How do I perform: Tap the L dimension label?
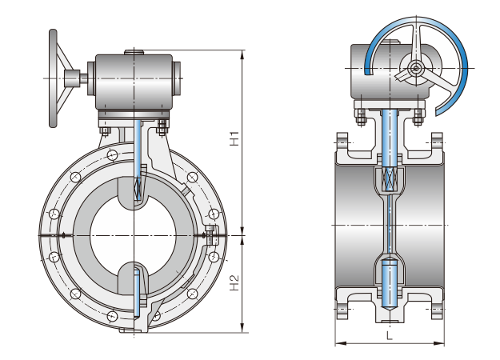pos(389,335)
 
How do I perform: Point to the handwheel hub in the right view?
pos(416,69)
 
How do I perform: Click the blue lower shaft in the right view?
pos(389,284)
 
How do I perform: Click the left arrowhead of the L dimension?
pos(338,344)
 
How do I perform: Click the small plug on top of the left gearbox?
pos(133,53)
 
